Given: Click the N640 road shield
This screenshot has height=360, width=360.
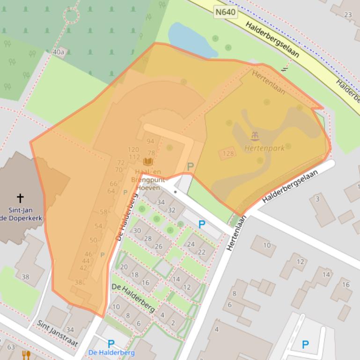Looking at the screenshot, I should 225,11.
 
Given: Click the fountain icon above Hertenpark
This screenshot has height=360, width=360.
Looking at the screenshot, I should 255,137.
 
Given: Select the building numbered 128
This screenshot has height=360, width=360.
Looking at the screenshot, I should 228,153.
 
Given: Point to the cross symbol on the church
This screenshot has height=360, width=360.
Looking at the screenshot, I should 20,198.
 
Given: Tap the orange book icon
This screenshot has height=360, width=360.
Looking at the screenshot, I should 148,162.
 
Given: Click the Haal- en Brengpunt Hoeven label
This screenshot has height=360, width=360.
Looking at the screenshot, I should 148,179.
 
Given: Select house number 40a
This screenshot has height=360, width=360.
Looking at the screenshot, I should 59,52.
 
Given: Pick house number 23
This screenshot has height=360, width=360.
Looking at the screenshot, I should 348,14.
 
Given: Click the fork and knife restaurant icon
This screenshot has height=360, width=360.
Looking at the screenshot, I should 26,355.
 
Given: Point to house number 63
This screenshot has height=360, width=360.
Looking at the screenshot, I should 11,346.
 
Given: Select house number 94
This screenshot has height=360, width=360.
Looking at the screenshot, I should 150,141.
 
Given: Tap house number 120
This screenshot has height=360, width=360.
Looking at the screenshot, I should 133,150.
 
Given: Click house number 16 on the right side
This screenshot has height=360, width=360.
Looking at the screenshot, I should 345,284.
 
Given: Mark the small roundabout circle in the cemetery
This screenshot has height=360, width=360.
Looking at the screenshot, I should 71,15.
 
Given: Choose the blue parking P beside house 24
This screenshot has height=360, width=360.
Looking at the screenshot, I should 202,224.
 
